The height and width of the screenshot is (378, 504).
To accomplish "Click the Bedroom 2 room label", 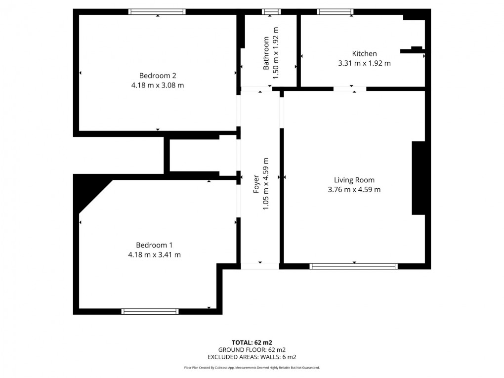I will pos(158,76).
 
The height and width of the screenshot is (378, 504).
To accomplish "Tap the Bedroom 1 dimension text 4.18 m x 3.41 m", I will pos(154,255).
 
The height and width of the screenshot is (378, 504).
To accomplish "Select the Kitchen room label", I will pos(364,54).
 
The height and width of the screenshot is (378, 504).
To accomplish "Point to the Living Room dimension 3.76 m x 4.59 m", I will pos(354,190).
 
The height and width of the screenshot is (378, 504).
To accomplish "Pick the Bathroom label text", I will pos(267,53).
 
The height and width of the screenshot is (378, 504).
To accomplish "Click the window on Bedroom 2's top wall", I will pos(157,11).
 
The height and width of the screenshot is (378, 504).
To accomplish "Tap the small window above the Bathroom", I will pos(271,11).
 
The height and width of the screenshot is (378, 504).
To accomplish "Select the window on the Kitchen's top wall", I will pos(335,11).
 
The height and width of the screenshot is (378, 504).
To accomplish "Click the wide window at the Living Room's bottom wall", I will pos(354,266).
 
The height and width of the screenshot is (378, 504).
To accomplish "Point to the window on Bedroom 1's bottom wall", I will pos(150,311).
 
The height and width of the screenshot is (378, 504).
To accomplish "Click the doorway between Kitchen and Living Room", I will pos(350,89).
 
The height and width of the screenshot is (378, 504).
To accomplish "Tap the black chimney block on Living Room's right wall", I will pos(419,178).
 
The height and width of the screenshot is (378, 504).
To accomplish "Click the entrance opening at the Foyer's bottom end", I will pos(260,266).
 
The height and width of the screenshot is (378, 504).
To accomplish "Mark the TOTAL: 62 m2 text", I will pos(252,342).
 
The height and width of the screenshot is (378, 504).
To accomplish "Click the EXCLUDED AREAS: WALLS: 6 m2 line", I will pos(252,357).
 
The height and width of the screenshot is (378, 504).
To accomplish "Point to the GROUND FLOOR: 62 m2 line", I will pos(252,349).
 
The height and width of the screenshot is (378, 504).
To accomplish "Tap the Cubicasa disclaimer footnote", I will pos(252,368).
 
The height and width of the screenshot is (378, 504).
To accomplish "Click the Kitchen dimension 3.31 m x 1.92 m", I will pos(364,63).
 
